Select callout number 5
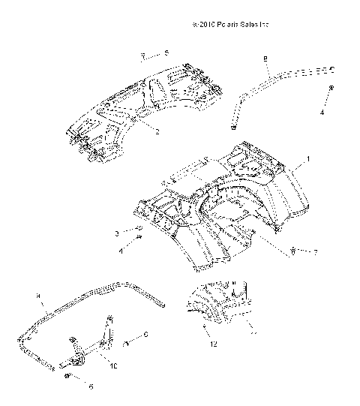click(x=166, y=53)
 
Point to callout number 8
click(x=265, y=58)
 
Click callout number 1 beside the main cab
click(x=307, y=160)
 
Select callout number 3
click(x=118, y=233)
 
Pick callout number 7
click(x=315, y=253)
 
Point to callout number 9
click(x=38, y=297)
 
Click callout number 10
click(x=114, y=365)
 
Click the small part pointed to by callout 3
click(x=139, y=229)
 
